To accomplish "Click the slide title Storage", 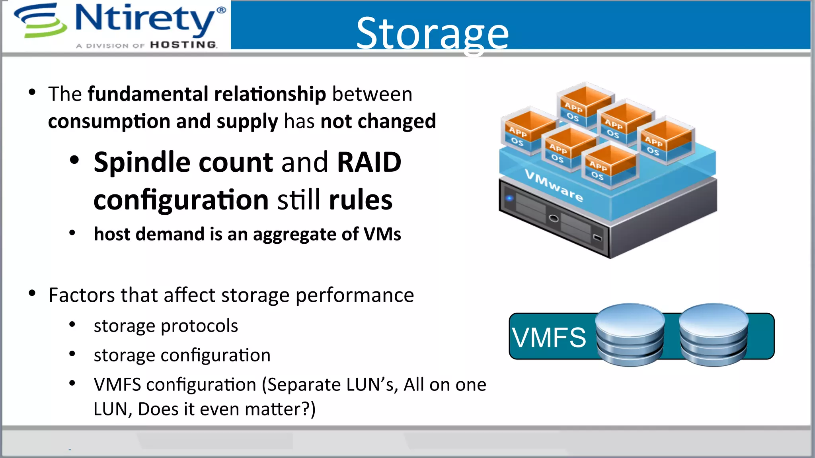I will pos(432,33).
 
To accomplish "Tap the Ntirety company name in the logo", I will pos(145,19).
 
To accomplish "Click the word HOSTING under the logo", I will pos(183,45).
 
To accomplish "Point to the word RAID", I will pos(369,163).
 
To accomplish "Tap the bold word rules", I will pos(361,200).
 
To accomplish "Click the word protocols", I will pos(199,326).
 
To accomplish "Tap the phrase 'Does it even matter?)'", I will pos(226,409).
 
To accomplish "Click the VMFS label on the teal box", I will pos(549,338).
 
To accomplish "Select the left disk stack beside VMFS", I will pos(630,335).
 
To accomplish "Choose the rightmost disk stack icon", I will pos(714,335).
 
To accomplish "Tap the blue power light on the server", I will pos(509,198).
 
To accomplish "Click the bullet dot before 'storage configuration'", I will pos(72,354).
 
